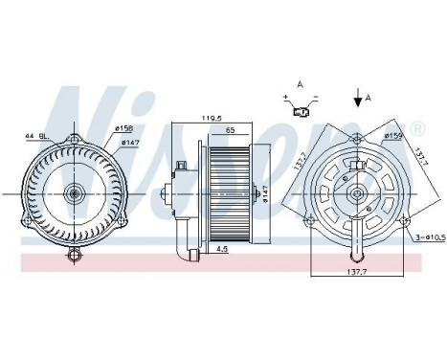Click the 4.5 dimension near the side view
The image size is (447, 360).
[222, 252]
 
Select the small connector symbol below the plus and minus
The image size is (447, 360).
[300, 112]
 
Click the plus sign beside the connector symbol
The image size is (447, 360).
[285, 97]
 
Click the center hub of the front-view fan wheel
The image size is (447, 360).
[75, 193]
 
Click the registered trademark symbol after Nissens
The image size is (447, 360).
[418, 127]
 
